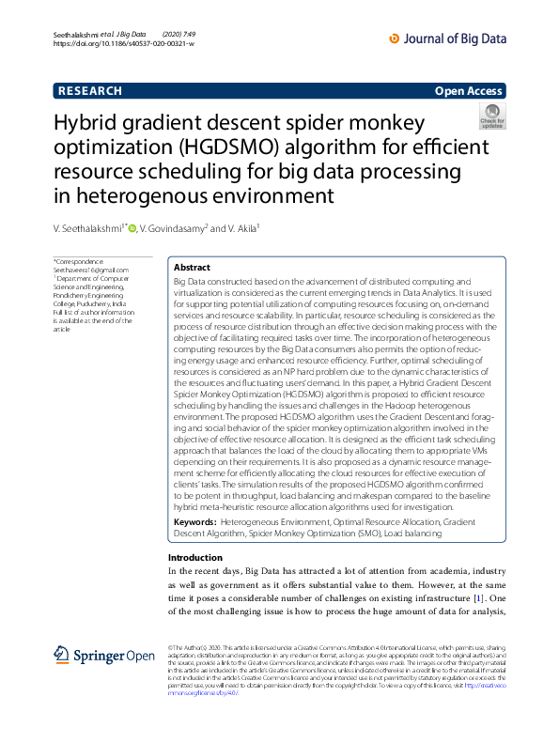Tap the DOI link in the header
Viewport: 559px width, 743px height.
coord(124,43)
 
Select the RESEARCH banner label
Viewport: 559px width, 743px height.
coord(90,91)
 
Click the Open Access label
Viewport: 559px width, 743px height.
coord(469,91)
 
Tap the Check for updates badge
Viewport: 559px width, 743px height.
coord(492,116)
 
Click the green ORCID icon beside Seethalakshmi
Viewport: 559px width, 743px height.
coord(132,228)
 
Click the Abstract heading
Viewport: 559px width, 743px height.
coord(193,268)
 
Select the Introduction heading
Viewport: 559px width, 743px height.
coord(194,558)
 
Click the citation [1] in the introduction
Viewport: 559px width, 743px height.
coord(477,598)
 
